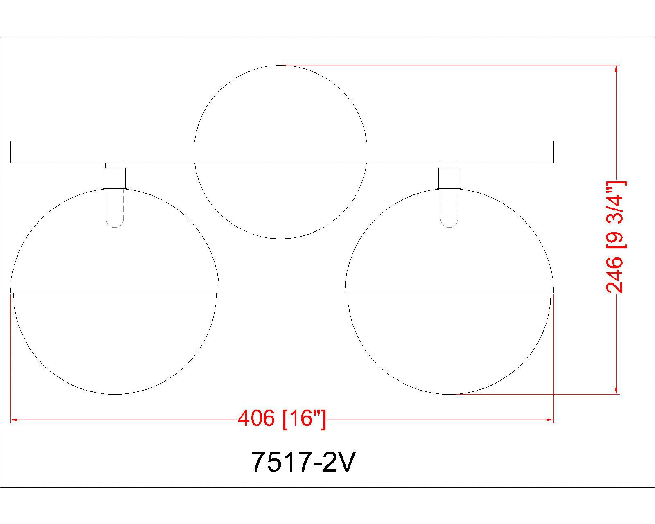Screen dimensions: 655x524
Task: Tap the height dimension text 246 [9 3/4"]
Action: pyautogui.click(x=615, y=237)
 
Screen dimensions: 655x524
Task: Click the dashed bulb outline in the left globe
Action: pyautogui.click(x=115, y=208)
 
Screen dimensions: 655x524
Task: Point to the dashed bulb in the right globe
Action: pyautogui.click(x=449, y=208)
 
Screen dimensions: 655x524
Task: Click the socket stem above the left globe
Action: pyautogui.click(x=115, y=176)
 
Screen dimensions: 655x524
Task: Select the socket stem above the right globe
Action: pyautogui.click(x=449, y=176)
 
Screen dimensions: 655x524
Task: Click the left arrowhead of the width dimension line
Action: pyautogui.click(x=14, y=420)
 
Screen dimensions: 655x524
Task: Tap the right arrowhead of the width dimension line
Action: pyautogui.click(x=550, y=420)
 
